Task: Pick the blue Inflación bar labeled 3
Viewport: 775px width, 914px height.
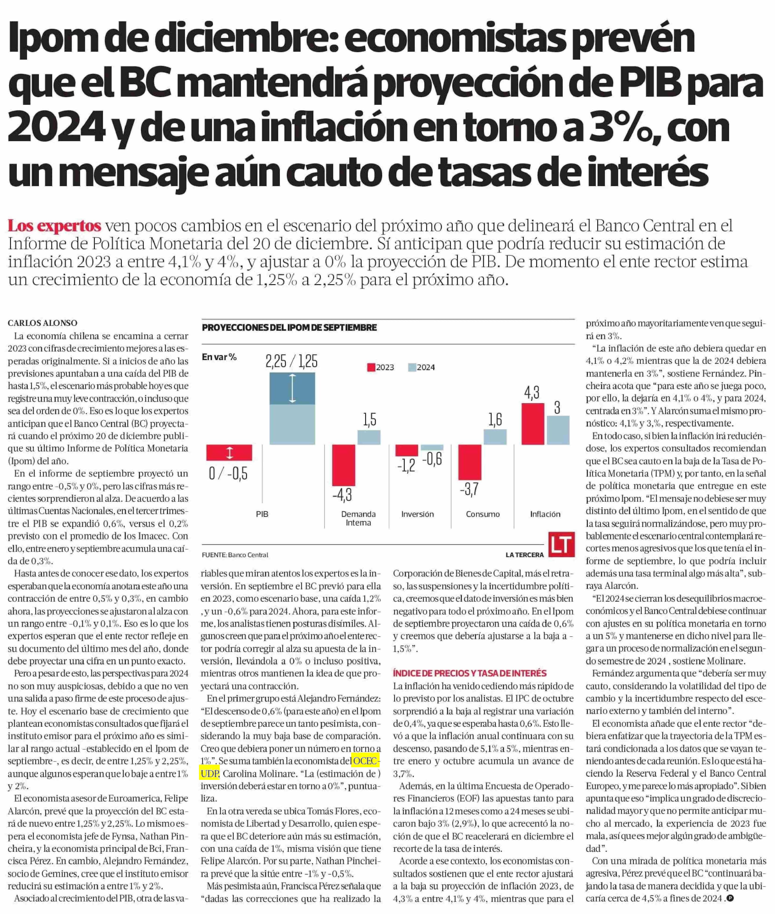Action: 558,430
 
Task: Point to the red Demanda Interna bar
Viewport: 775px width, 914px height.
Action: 343,465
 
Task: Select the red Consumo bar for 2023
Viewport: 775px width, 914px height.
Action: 470,462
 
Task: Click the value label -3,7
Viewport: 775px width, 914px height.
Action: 469,489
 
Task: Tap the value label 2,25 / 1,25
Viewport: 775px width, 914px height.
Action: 291,362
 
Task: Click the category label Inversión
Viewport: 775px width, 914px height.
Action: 417,514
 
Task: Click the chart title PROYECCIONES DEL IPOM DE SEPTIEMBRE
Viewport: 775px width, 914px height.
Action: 289,328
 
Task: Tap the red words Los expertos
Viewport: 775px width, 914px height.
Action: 55,226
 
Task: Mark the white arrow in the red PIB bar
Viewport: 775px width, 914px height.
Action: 229,452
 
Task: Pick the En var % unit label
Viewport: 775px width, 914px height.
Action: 219,357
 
